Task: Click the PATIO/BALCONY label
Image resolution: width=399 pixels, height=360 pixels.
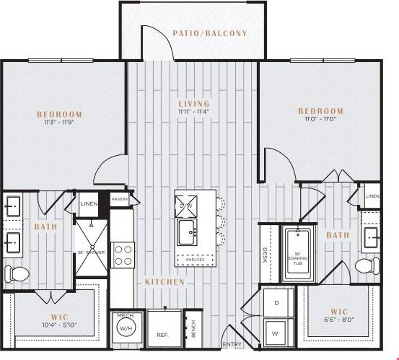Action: (210, 33)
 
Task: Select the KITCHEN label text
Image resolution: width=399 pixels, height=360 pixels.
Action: (164, 281)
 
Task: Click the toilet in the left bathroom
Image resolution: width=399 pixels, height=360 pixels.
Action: (16, 273)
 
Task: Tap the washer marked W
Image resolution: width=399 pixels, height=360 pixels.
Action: (276, 333)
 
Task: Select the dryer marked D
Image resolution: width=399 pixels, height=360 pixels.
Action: (276, 303)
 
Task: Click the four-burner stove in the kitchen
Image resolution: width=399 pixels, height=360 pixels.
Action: (123, 255)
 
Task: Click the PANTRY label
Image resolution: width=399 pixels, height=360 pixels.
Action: (119, 198)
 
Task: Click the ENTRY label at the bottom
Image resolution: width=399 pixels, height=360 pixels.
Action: (233, 345)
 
